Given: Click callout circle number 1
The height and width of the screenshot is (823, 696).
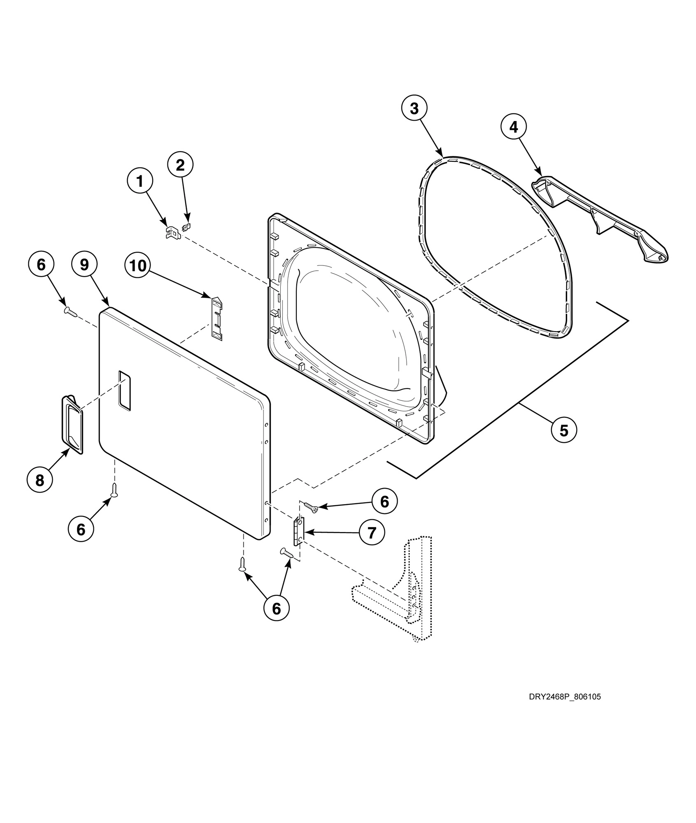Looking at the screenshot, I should click(x=140, y=181).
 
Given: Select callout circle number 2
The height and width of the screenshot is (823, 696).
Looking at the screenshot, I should click(x=180, y=165).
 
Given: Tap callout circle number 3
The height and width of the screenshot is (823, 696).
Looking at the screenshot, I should click(x=414, y=109).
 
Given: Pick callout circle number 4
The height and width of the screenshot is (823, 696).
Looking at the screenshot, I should click(x=514, y=128).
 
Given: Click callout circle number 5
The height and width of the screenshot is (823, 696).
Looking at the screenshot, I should click(x=564, y=430).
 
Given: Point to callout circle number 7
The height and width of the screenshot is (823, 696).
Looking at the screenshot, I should click(x=372, y=533).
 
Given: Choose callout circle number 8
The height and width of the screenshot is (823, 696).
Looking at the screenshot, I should click(x=40, y=480).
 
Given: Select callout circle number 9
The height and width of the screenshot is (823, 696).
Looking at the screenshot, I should click(x=84, y=265).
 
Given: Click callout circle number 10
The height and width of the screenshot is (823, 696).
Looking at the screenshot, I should click(x=138, y=265).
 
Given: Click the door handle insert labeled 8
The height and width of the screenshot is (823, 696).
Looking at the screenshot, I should click(x=72, y=424).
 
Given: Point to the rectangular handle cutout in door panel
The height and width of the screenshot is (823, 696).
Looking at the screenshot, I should click(x=124, y=391).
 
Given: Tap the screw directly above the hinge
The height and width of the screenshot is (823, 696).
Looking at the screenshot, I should click(x=311, y=507).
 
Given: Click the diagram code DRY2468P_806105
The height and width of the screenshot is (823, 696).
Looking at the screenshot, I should click(x=565, y=697).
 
